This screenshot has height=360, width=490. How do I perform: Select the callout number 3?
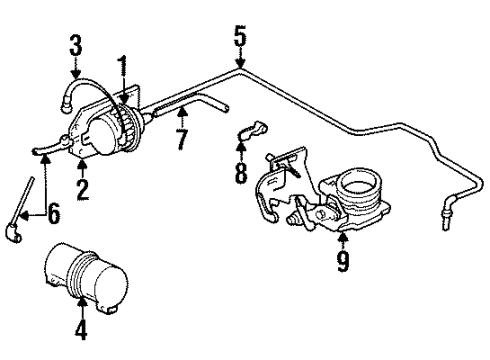point(74,46)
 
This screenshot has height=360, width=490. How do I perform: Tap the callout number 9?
point(343,263)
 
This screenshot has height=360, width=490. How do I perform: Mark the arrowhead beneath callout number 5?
point(239,68)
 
